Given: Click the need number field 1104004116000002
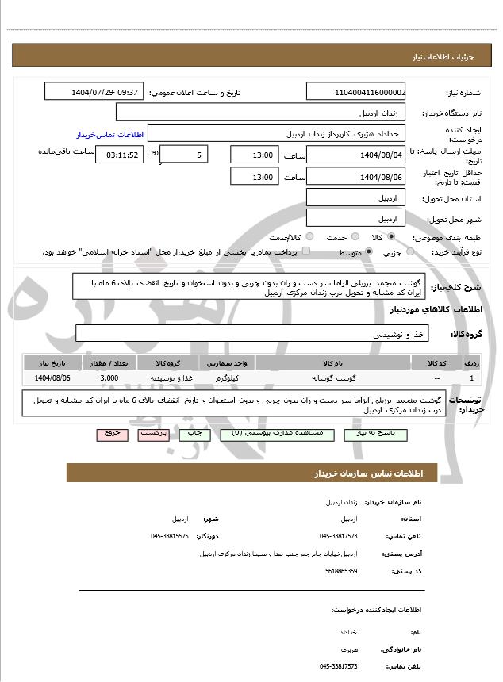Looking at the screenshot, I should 356,92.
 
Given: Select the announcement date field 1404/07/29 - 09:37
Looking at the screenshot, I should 94,92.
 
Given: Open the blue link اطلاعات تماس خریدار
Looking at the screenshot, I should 109,135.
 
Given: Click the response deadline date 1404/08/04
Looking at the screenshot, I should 356,155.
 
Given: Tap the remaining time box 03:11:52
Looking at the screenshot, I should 120,155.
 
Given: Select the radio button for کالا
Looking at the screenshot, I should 391,237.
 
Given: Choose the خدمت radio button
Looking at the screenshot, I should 354,237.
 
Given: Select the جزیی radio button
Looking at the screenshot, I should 409,252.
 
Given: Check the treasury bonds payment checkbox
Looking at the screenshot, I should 306,252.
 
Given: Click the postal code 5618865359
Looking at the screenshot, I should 342,570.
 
